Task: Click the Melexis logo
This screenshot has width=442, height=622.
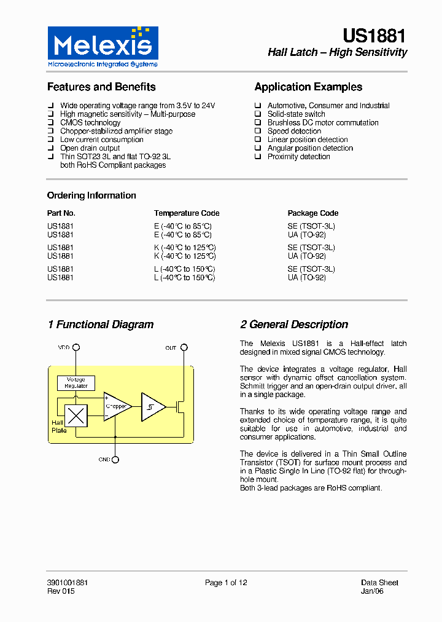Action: [x=103, y=47]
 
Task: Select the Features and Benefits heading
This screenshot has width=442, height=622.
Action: [x=101, y=87]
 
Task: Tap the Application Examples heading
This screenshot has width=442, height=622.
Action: [x=308, y=87]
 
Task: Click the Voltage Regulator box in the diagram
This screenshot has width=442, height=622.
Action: [x=76, y=382]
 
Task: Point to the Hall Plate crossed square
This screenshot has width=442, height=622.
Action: [x=76, y=416]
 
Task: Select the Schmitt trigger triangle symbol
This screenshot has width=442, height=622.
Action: [x=152, y=406]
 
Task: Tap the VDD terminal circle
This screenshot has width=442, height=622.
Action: [x=76, y=348]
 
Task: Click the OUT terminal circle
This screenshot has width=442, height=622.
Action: [x=184, y=348]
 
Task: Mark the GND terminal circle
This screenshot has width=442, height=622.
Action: [x=115, y=459]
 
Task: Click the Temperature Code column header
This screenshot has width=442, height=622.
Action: [x=187, y=213]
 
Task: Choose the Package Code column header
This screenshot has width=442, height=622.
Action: [x=313, y=213]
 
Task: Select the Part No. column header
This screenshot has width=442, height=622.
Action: [x=61, y=213]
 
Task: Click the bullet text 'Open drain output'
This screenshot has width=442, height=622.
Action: [x=90, y=148]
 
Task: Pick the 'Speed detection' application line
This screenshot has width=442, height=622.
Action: [x=294, y=131]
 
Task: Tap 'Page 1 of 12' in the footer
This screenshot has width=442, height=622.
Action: [x=226, y=583]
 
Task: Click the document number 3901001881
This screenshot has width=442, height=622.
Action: [x=68, y=583]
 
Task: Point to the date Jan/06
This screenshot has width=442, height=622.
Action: [x=372, y=591]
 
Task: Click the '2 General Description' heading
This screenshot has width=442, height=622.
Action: [x=294, y=325]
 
